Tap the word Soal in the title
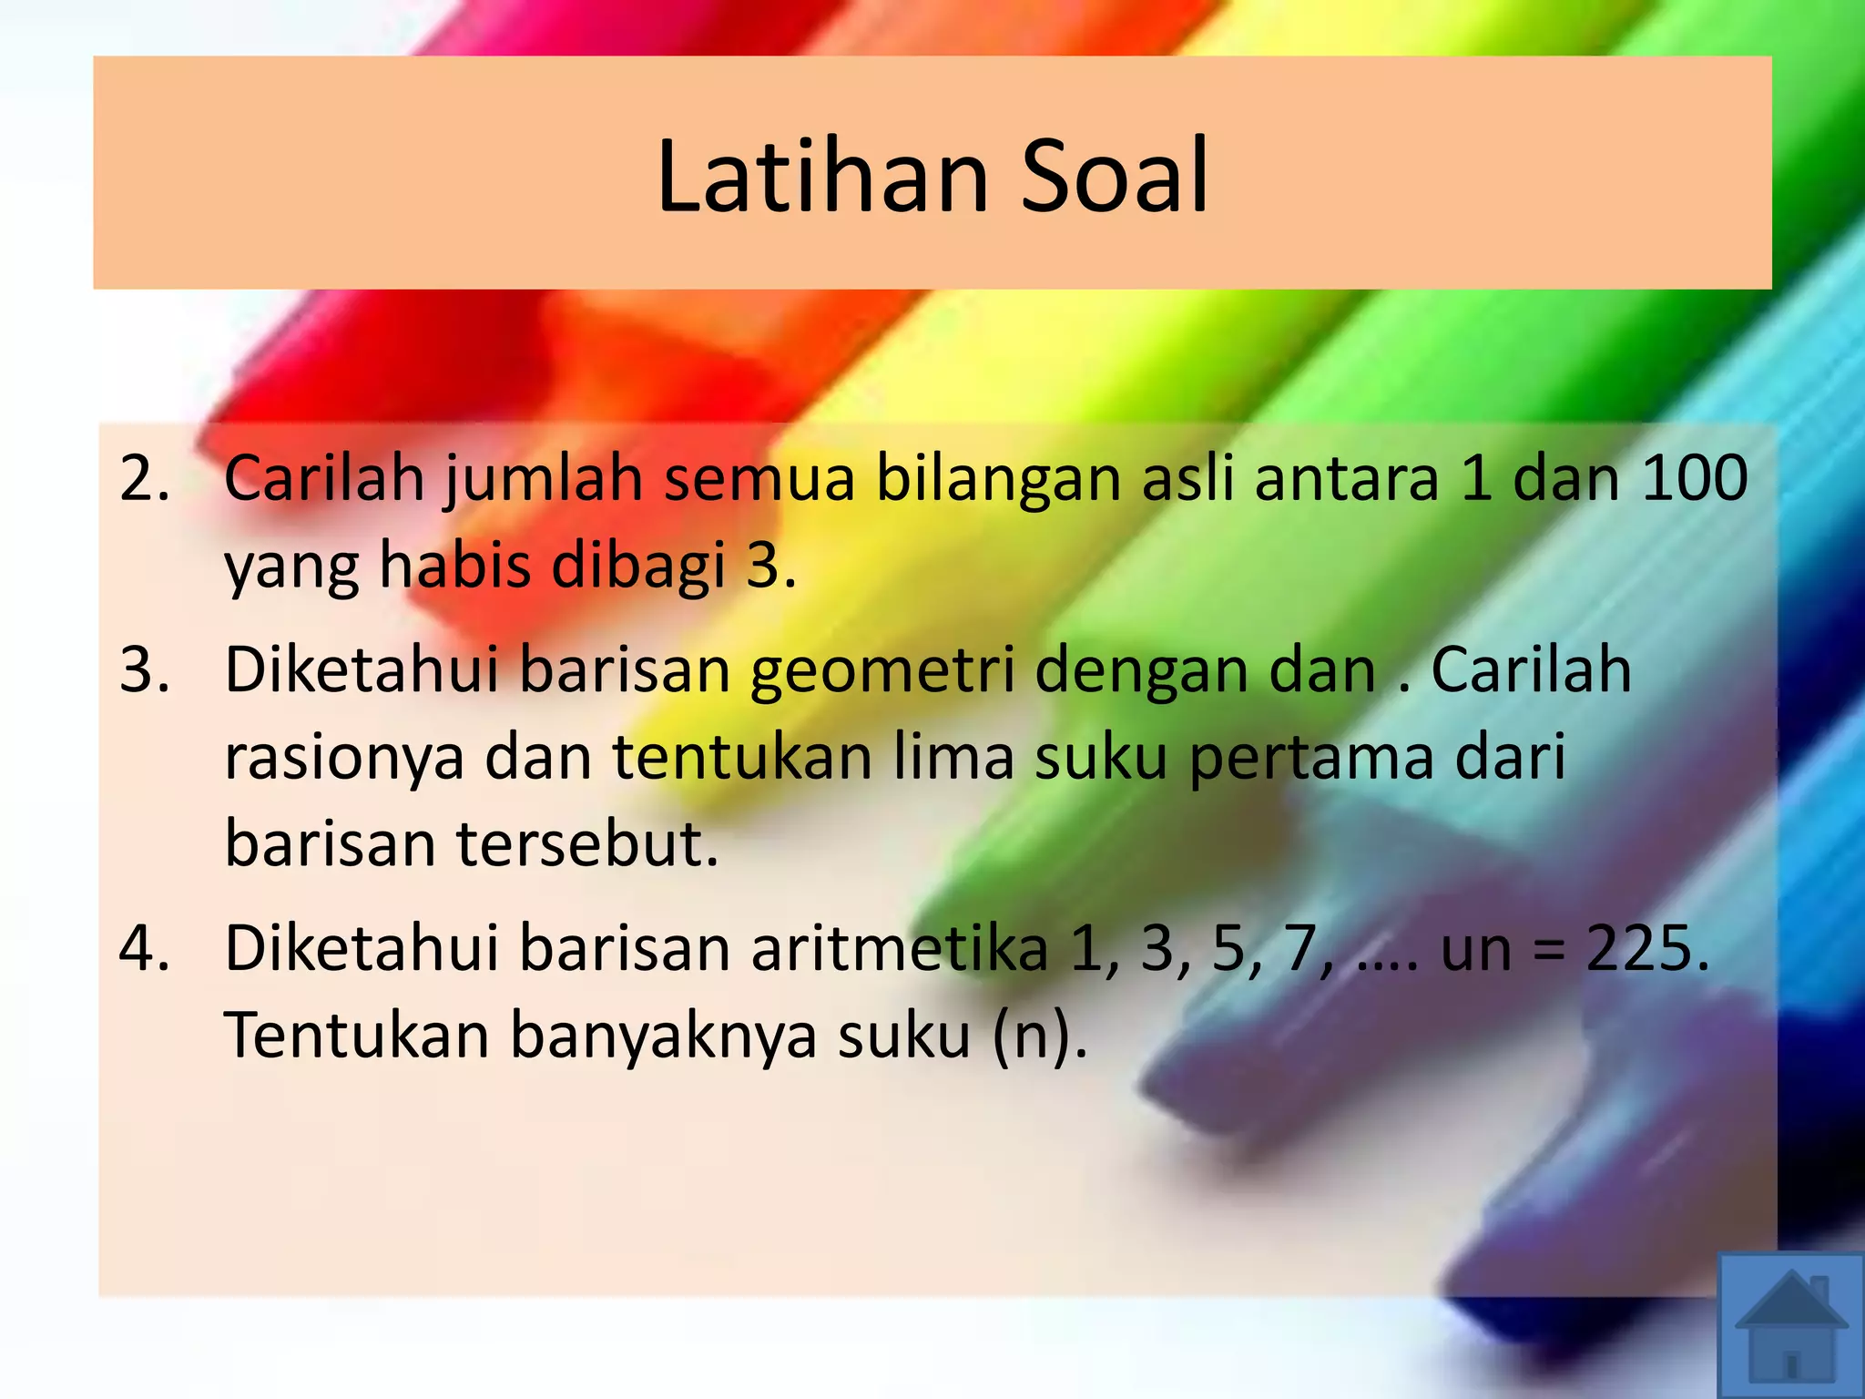coord(1115,176)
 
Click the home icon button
coord(1790,1326)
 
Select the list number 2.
coord(145,478)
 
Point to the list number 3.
coord(145,669)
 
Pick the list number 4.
coord(145,948)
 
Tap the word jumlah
coord(543,480)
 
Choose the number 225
coord(1646,948)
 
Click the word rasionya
coord(344,759)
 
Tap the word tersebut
coord(587,844)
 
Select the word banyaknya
coord(663,1036)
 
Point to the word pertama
coord(1311,759)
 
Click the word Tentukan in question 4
coord(357,1036)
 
